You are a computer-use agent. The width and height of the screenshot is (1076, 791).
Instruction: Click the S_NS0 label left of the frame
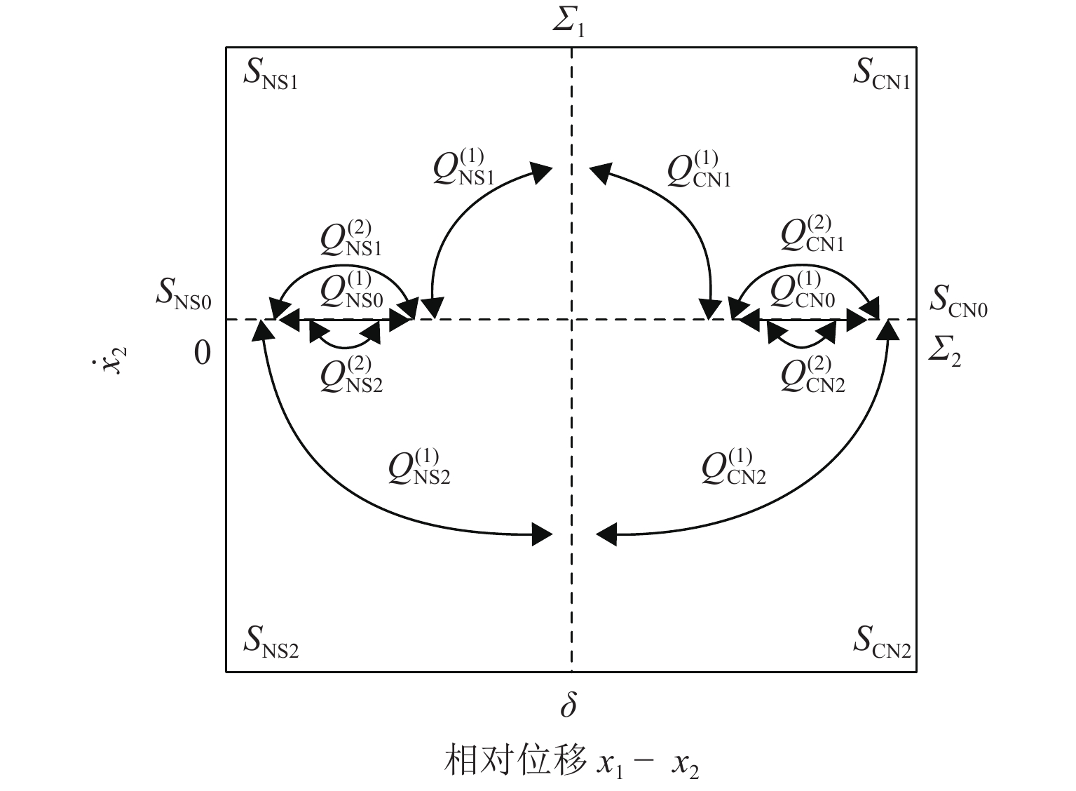pyautogui.click(x=183, y=295)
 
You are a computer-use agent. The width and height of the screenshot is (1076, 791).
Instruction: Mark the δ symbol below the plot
pyautogui.click(x=568, y=705)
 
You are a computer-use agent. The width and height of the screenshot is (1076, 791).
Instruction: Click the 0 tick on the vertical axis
pyautogui.click(x=202, y=353)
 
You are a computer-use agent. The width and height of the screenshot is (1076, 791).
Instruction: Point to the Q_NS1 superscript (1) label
pyautogui.click(x=463, y=168)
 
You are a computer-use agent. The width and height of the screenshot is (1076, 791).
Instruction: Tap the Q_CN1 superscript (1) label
pyautogui.click(x=698, y=170)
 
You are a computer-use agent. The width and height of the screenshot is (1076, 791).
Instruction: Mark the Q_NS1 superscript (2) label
pyautogui.click(x=350, y=239)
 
